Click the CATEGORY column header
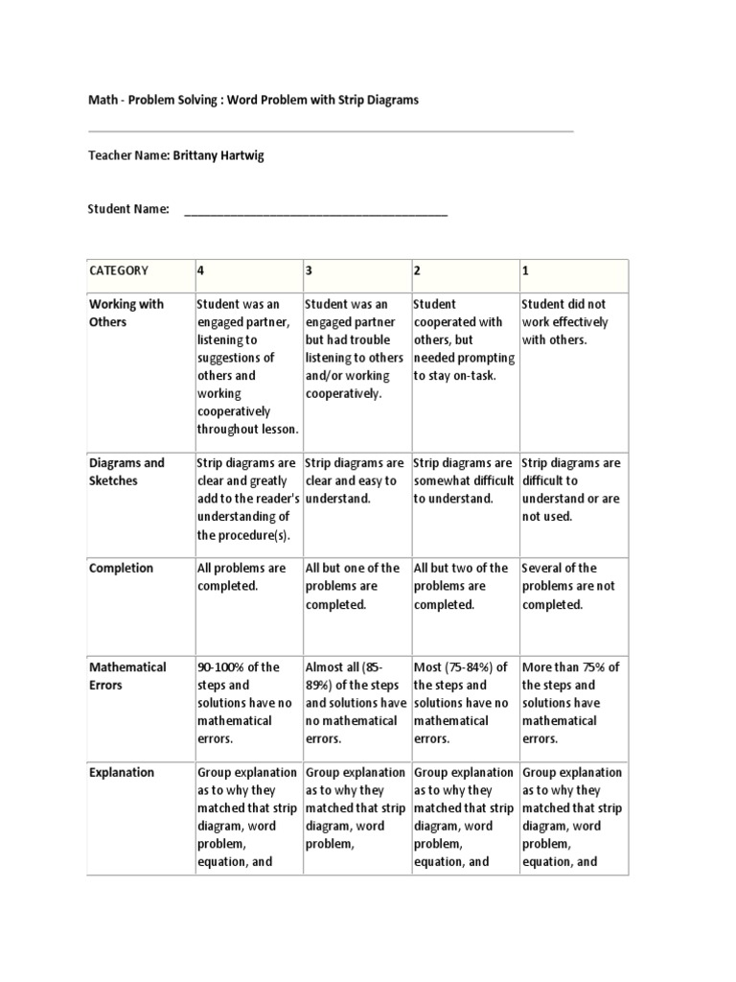point(119,271)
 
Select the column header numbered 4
point(201,271)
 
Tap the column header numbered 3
point(310,271)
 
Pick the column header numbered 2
point(417,271)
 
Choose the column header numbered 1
point(525,271)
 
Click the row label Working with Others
point(126,314)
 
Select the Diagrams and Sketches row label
point(126,472)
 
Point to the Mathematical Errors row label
point(127,676)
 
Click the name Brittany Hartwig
point(218,155)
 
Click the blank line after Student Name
point(315,210)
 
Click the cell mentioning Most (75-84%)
point(463,703)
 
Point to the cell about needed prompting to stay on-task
point(464,340)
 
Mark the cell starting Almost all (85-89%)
point(354,703)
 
